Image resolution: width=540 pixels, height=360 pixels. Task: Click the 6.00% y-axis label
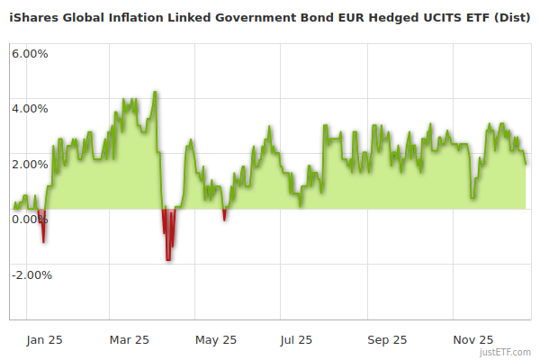pyautogui.click(x=30, y=53)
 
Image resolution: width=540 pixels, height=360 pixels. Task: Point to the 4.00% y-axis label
pyautogui.click(x=30, y=109)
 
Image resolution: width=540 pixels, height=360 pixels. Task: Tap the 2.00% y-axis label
pyautogui.click(x=30, y=164)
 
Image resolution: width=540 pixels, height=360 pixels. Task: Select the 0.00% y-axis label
pyautogui.click(x=30, y=220)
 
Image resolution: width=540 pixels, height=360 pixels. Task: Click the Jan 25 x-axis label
pyautogui.click(x=43, y=339)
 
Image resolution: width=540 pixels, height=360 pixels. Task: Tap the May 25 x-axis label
pyautogui.click(x=216, y=339)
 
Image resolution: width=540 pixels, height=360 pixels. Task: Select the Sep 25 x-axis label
pyautogui.click(x=387, y=339)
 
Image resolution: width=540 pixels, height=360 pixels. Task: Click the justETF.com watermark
pyautogui.click(x=507, y=352)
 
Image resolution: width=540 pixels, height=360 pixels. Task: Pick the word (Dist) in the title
pyautogui.click(x=512, y=18)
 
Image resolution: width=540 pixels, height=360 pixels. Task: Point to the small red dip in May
pyautogui.click(x=224, y=218)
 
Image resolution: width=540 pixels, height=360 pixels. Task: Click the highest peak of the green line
pyautogui.click(x=156, y=92)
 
